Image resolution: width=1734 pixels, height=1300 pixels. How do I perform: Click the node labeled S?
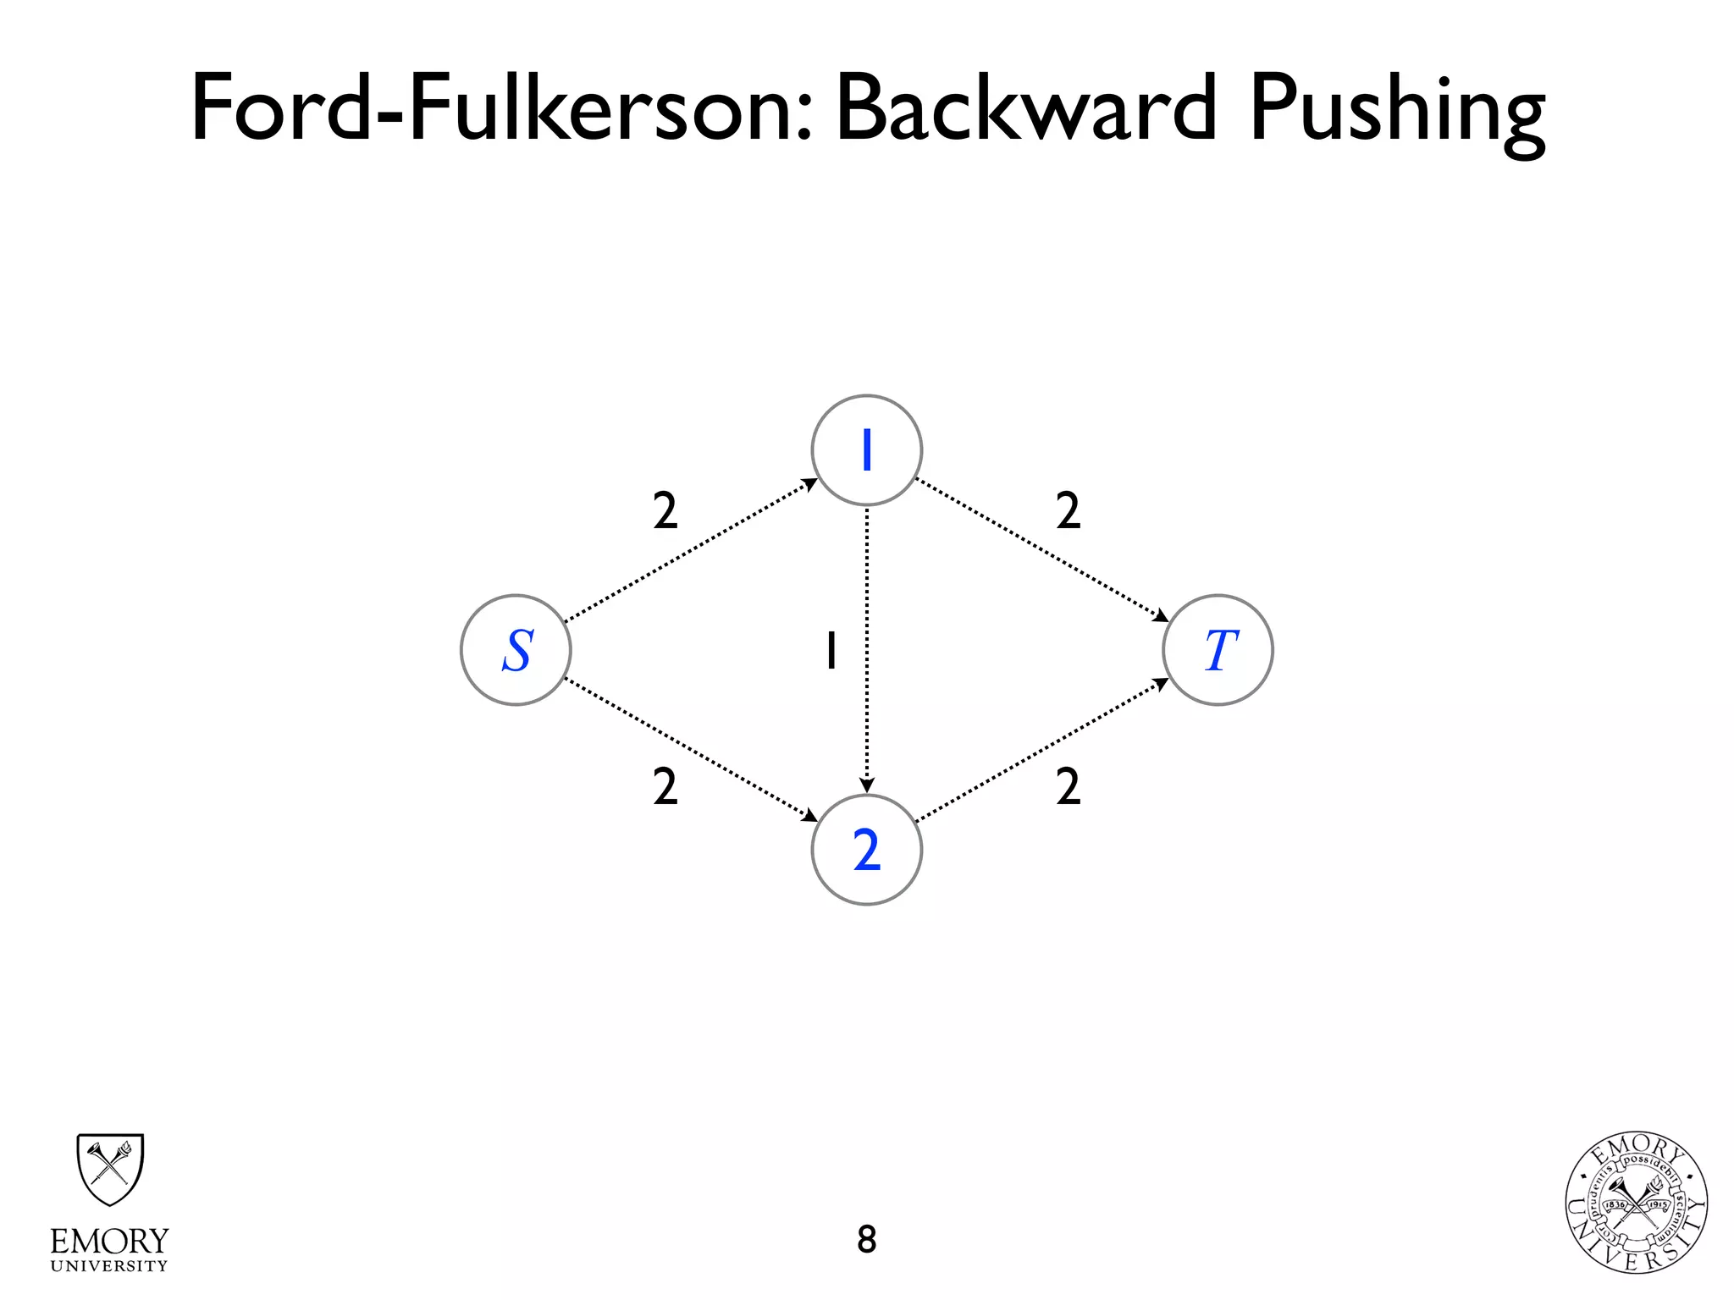(516, 650)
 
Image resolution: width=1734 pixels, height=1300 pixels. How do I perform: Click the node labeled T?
(1218, 650)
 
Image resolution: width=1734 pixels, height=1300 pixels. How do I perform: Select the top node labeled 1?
(866, 450)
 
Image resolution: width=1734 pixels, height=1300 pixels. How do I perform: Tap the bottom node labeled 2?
(866, 850)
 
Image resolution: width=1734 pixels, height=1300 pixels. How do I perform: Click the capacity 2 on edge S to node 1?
(665, 511)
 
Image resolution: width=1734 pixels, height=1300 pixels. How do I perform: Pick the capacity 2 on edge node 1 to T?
(1068, 511)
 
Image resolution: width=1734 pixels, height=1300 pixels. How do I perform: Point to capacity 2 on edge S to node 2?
(665, 787)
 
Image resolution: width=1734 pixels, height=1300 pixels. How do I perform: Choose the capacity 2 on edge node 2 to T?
(1068, 787)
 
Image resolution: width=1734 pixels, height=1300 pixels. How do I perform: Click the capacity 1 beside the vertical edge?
(831, 650)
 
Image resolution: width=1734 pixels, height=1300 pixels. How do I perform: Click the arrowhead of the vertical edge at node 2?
(866, 785)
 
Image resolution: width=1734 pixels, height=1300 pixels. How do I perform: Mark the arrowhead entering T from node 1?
(1162, 616)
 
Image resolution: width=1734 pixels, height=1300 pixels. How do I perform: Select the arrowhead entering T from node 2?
(1162, 684)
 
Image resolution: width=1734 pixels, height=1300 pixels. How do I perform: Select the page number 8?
(866, 1239)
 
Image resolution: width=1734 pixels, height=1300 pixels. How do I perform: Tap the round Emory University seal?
(1636, 1203)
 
